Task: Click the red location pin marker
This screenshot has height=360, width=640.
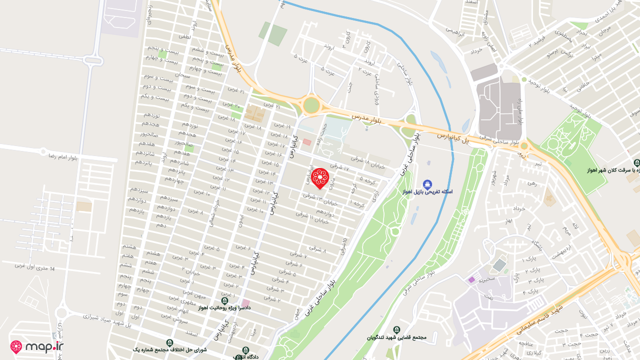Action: (x=319, y=178)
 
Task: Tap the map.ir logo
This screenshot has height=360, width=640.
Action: (x=37, y=346)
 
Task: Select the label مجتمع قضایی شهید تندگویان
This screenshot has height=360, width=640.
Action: (x=396, y=337)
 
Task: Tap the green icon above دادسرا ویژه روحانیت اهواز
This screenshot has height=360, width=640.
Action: (x=224, y=300)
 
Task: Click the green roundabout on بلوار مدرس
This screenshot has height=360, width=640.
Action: (x=311, y=105)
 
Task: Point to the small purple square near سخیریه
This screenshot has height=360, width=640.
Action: (x=471, y=279)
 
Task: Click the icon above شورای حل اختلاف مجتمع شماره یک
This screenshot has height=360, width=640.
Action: (x=170, y=342)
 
